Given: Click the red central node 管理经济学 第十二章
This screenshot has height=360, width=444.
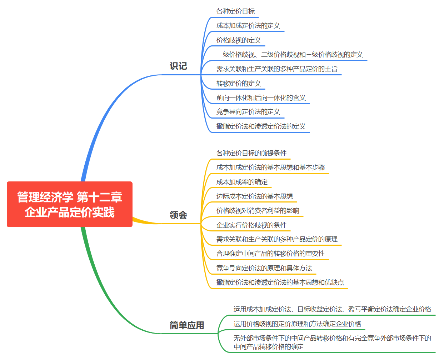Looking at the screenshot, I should click(x=70, y=204).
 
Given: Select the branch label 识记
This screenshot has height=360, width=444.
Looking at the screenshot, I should click(x=178, y=66).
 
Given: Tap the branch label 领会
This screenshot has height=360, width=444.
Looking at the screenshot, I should click(x=178, y=215).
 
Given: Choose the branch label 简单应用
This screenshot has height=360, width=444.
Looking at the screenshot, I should click(x=187, y=325).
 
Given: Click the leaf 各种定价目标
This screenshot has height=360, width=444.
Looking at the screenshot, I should click(x=235, y=11).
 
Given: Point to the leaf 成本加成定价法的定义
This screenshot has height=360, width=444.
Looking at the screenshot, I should click(x=248, y=26).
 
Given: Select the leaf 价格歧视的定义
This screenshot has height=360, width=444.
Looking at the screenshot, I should click(x=239, y=40).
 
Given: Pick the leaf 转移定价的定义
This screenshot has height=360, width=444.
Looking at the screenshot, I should click(x=239, y=84).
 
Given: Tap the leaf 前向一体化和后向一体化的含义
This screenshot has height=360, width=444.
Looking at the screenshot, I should click(x=261, y=98).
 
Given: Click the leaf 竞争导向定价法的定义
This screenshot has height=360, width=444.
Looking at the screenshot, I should click(x=248, y=112).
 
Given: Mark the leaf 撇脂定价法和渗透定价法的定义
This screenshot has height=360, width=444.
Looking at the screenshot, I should click(x=261, y=126).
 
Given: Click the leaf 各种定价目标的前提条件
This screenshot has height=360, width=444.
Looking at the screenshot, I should click(x=251, y=153).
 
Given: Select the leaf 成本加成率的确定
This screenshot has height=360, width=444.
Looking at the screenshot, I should click(x=242, y=182).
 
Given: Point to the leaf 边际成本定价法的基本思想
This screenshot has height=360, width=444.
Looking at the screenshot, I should click(x=254, y=196).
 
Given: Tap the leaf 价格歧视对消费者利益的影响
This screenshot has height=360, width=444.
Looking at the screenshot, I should click(x=258, y=211).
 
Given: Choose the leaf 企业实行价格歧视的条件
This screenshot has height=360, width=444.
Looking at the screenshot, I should click(x=251, y=225).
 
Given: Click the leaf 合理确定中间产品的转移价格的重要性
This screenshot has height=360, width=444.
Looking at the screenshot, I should click(x=270, y=254).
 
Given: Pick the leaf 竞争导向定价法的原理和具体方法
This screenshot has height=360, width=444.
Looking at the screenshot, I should click(x=264, y=268).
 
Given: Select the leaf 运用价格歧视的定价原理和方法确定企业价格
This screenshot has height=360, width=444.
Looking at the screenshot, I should click(x=297, y=324).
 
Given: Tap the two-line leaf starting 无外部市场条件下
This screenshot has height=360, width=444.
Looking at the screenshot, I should click(x=332, y=342).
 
